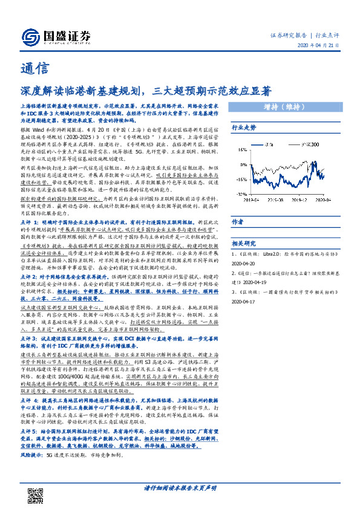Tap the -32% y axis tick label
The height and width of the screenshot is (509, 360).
pos(243,194)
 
